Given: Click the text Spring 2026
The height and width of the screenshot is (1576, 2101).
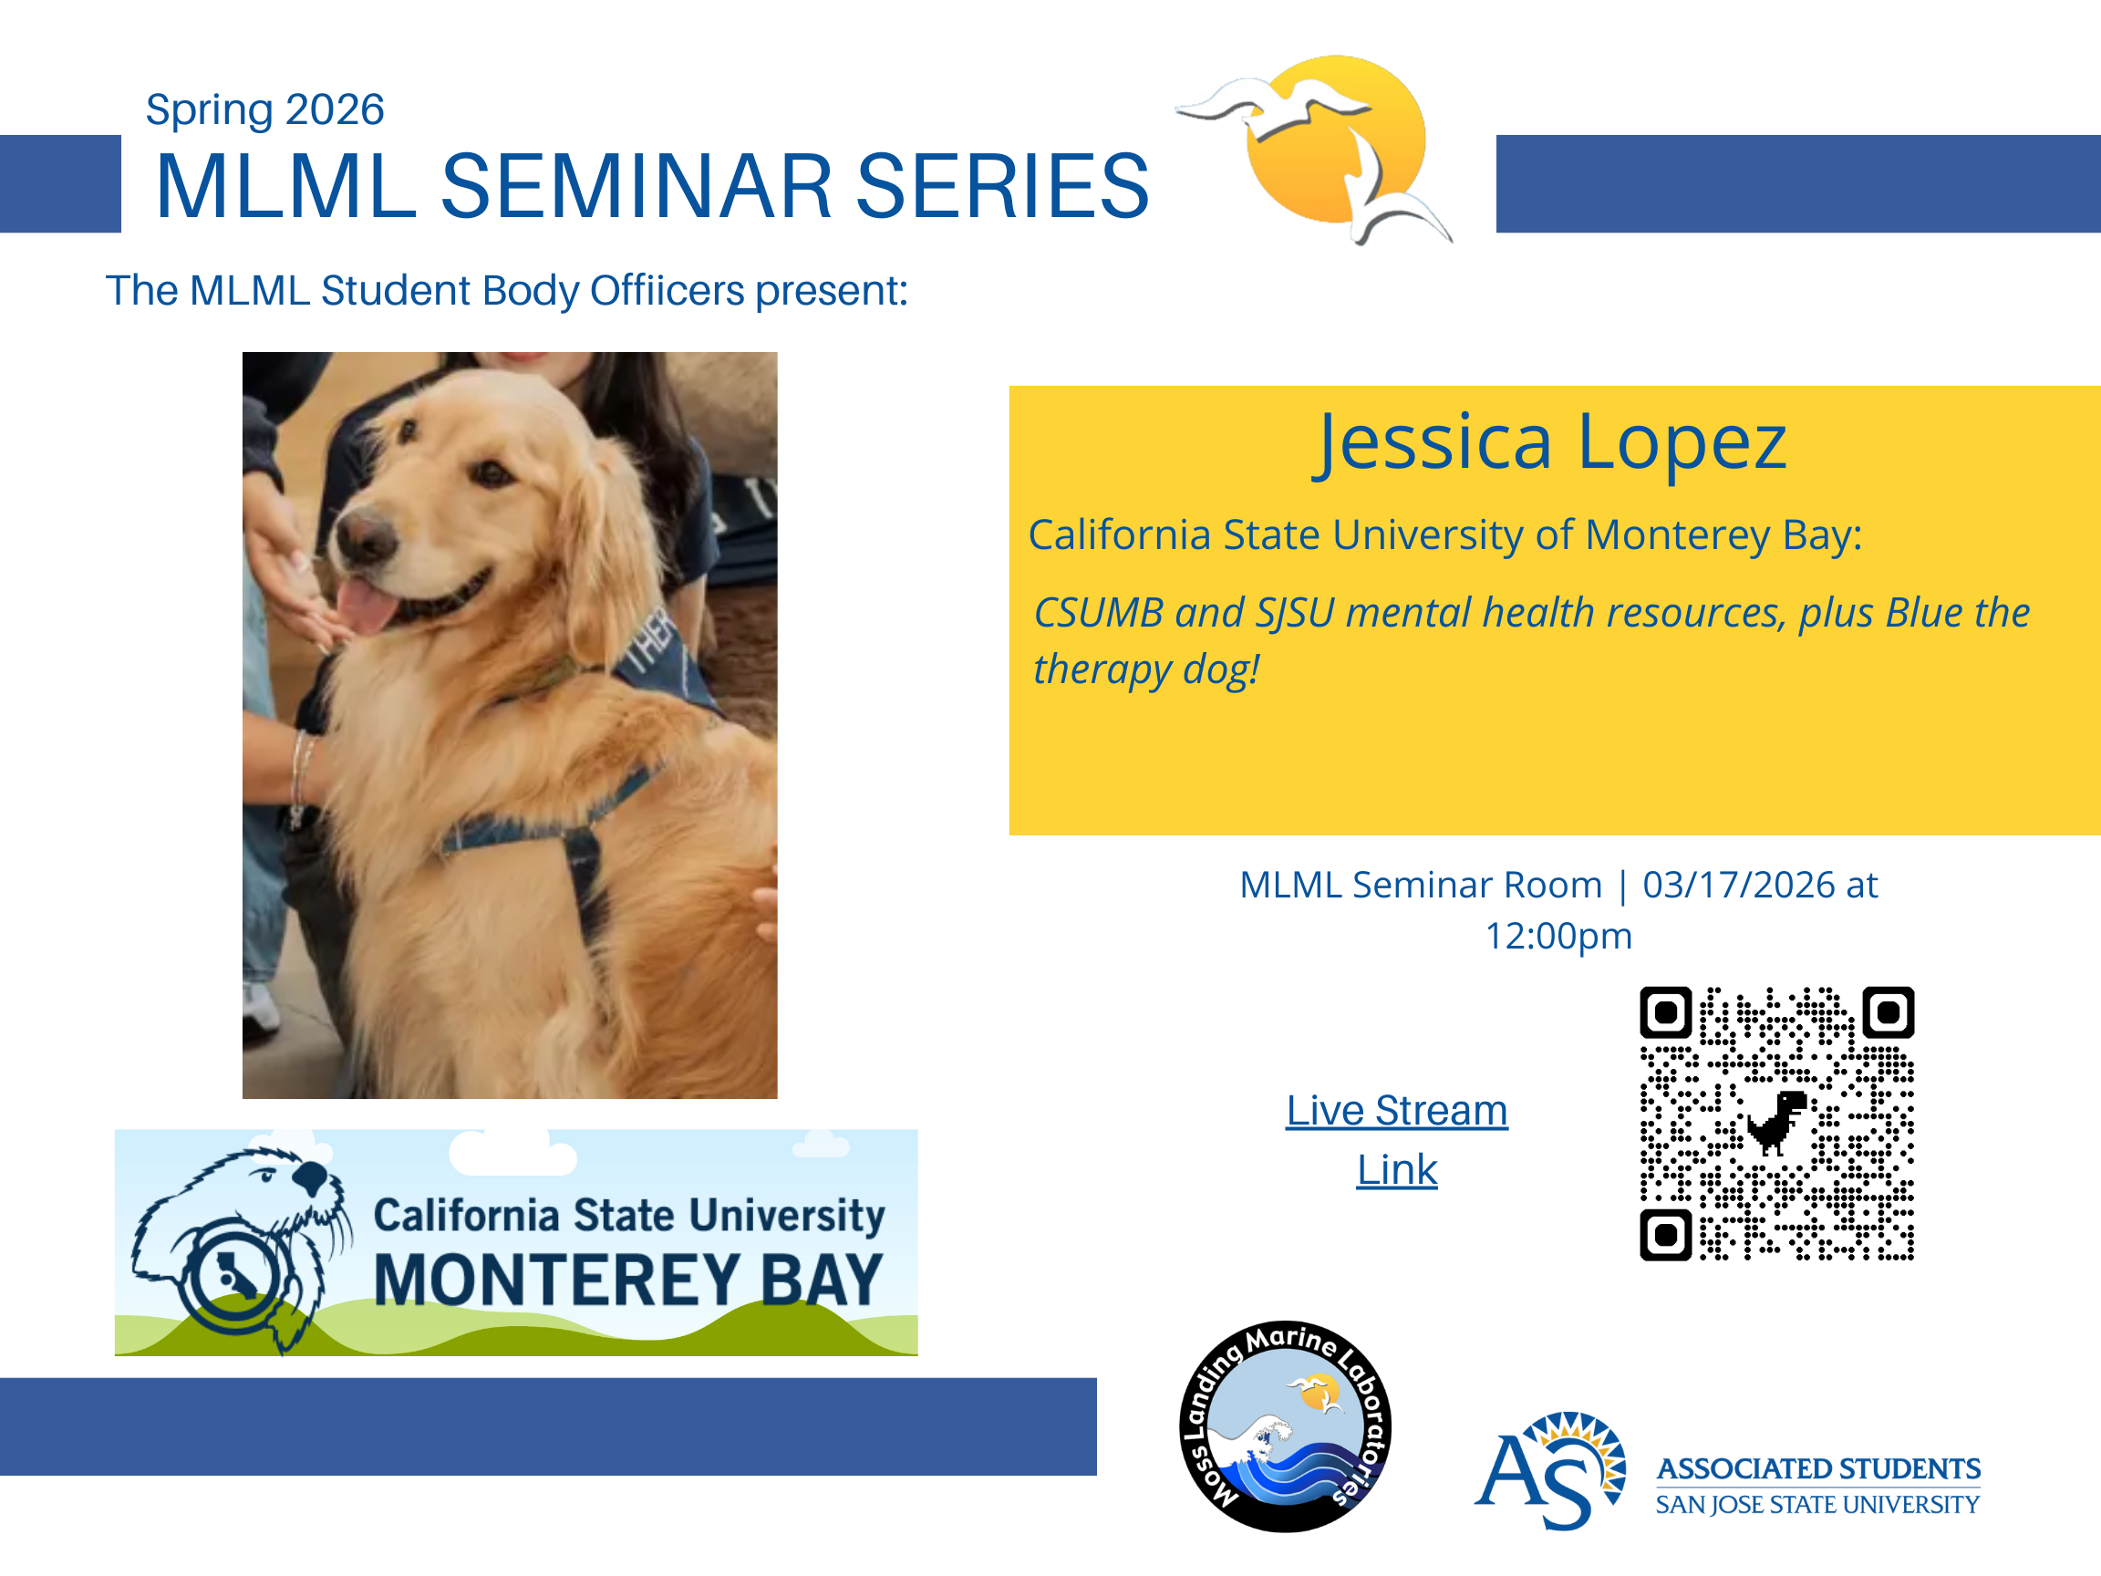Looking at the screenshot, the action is [264, 110].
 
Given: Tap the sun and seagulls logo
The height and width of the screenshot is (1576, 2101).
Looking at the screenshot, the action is [1315, 148].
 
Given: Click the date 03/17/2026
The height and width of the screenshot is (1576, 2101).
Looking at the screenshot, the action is [1738, 886].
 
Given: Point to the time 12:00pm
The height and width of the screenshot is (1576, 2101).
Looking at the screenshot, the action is [1558, 937].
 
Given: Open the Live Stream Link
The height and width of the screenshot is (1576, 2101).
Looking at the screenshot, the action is [1396, 1139].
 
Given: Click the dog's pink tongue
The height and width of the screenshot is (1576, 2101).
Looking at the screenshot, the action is [364, 607].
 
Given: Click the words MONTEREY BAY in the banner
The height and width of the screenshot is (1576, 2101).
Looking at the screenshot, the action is [627, 1280].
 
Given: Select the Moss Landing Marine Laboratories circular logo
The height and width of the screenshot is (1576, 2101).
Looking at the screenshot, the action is [1285, 1426].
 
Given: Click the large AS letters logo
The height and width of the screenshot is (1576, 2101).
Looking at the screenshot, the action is [1548, 1470].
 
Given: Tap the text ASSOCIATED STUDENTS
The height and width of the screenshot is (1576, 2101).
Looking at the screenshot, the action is [1818, 1468].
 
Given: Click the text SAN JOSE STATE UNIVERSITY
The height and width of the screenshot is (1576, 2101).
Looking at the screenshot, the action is [1817, 1505].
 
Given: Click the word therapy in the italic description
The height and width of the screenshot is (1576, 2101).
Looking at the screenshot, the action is [1102, 669].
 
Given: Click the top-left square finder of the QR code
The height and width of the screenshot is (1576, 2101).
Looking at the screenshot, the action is [1665, 1012].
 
